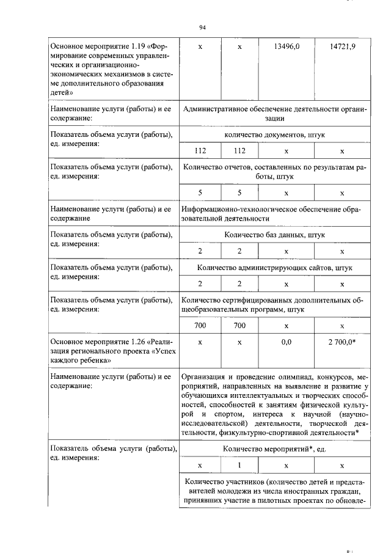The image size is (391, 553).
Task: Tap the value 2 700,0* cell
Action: tap(342, 344)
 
